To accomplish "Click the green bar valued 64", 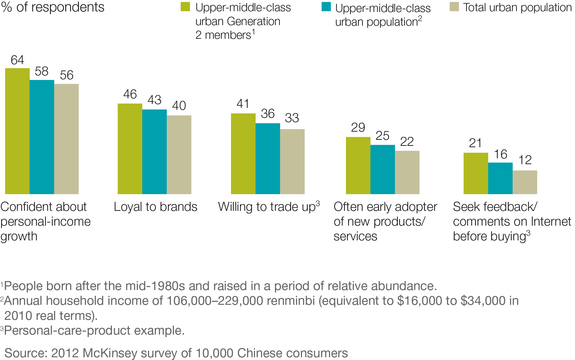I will (17, 131).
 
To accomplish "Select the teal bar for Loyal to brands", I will (155, 152).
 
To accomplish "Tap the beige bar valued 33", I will (292, 161).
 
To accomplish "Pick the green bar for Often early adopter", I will (358, 166).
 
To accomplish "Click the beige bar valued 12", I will (525, 182).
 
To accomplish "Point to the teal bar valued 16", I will (500, 178).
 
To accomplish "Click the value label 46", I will (130, 95).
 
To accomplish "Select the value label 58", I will (42, 72).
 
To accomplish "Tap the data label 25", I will (382, 136).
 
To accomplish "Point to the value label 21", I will (475, 143).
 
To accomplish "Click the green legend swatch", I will (185, 7).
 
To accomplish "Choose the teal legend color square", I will (326, 7).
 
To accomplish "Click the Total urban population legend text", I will (517, 8).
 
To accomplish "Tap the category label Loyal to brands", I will (155, 207).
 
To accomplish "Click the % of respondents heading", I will (53, 7).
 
